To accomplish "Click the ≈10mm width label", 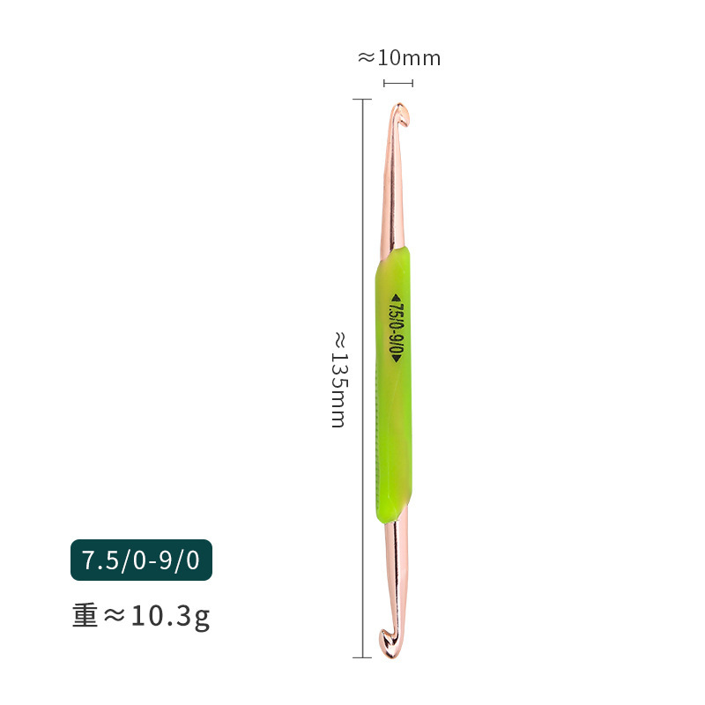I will tap(398, 58).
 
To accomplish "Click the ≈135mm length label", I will tap(338, 379).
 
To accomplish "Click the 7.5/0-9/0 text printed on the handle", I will tap(396, 326).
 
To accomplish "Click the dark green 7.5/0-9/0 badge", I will tap(141, 560).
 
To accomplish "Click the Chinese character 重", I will tap(85, 615).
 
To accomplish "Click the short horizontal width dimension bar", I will tap(398, 83).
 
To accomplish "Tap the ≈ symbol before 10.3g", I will tap(115, 616).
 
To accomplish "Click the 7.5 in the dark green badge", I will tap(99, 560).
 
